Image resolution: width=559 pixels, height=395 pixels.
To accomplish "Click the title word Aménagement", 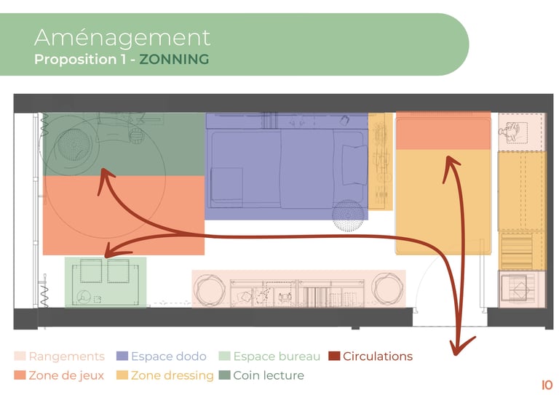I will [122, 36].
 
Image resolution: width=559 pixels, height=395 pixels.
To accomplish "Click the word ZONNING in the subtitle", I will [173, 60].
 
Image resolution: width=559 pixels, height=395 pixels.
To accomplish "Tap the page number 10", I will [547, 385].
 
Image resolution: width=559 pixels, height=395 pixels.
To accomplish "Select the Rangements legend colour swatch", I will [20, 356].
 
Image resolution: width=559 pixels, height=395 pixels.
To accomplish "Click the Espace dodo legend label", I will [167, 356].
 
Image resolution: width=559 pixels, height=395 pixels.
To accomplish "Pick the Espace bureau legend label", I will [276, 356].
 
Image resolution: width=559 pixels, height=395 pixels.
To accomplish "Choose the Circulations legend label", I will [377, 356].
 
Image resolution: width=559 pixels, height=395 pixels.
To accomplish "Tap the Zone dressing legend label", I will [172, 375].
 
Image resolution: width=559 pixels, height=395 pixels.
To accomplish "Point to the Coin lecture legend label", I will [268, 375].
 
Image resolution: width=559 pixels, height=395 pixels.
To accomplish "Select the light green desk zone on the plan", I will [106, 282].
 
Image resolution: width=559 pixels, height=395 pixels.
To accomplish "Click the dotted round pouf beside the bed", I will [346, 212].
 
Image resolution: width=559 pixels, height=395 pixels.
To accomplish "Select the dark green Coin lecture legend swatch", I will [224, 375].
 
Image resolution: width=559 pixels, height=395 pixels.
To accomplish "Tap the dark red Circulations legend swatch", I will [333, 356].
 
